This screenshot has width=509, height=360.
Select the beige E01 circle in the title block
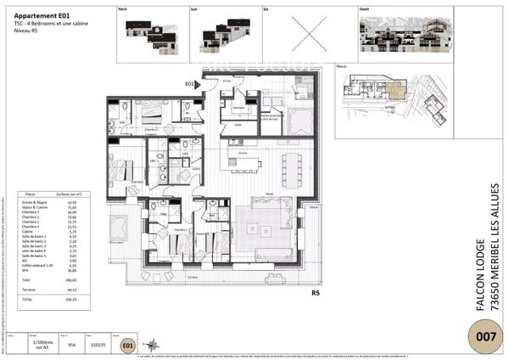(126, 346)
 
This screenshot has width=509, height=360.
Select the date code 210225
(99, 346)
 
